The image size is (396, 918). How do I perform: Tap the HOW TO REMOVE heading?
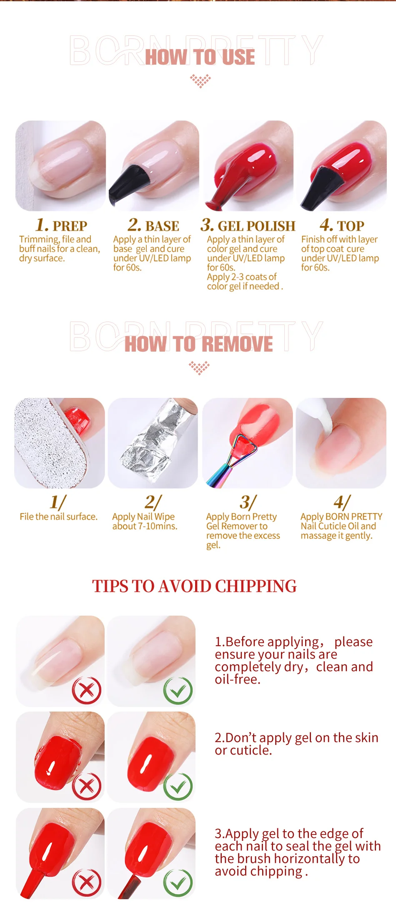[199, 344]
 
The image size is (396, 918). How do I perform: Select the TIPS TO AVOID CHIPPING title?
[194, 586]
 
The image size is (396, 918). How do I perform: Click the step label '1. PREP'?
[61, 225]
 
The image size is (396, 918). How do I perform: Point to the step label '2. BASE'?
[153, 225]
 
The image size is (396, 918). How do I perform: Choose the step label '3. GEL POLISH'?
[248, 225]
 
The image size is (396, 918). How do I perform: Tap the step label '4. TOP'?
[342, 225]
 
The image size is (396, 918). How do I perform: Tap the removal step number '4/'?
[342, 502]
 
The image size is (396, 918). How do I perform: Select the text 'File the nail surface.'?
[58, 517]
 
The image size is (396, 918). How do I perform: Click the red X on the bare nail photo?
[87, 690]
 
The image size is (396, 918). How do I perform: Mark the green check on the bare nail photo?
[178, 691]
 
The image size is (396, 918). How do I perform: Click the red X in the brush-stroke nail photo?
[87, 883]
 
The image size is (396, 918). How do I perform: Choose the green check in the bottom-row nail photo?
[178, 883]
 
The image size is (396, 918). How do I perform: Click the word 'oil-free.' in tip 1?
[238, 679]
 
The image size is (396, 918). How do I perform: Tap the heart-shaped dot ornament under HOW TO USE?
[201, 80]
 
